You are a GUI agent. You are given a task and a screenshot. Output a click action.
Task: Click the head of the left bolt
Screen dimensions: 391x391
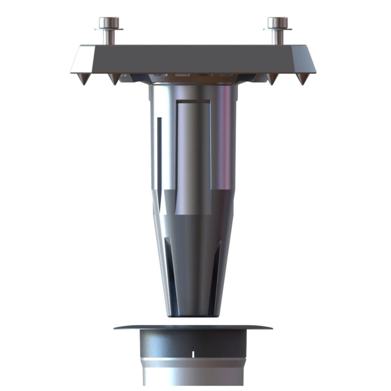(x=109, y=22)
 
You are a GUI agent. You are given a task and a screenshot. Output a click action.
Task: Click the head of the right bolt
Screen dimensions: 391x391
(x=278, y=22)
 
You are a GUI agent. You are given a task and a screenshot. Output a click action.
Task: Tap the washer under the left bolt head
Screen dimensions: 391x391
(x=109, y=29)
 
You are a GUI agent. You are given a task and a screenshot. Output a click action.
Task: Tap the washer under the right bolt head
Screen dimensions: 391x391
(x=278, y=29)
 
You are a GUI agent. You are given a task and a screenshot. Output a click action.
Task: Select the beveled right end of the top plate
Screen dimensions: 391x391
(x=307, y=59)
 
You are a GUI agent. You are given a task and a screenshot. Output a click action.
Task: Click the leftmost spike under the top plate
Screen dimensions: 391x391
(x=84, y=79)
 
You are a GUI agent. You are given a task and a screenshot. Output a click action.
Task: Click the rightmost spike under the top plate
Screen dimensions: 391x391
(x=302, y=79)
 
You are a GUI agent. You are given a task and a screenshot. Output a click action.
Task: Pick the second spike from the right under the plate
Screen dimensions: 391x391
(x=272, y=79)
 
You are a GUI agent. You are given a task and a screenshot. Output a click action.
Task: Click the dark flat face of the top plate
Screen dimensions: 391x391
(x=193, y=59)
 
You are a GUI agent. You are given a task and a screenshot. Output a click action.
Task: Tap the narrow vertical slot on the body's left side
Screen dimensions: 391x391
(x=159, y=152)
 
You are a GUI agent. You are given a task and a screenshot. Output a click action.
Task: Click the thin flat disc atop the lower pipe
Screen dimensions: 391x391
(x=193, y=327)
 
